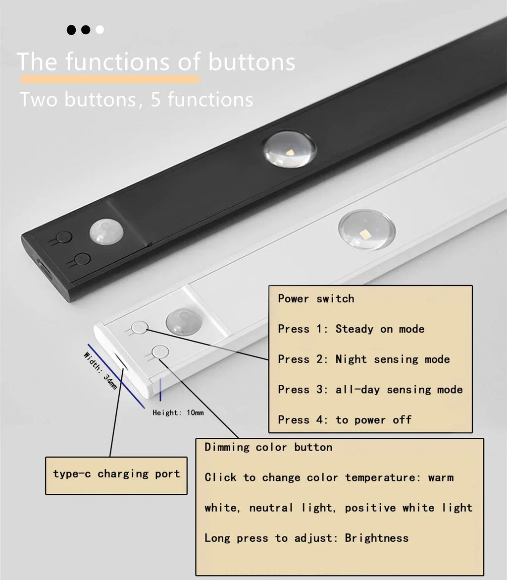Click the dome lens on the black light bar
click(x=289, y=149)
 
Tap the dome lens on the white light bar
click(x=366, y=230)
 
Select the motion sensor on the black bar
click(x=106, y=232)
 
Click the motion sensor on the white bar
click(x=183, y=322)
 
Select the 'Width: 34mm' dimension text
click(x=101, y=370)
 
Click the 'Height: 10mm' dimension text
click(x=178, y=412)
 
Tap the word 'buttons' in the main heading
click(x=252, y=62)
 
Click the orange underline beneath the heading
click(x=109, y=79)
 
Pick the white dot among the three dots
click(x=100, y=30)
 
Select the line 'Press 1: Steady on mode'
click(x=351, y=329)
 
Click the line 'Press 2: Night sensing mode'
click(x=363, y=359)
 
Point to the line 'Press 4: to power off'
click(x=344, y=420)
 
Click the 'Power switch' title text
click(x=316, y=298)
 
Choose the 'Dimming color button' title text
click(x=268, y=447)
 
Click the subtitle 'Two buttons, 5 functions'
click(x=136, y=100)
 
